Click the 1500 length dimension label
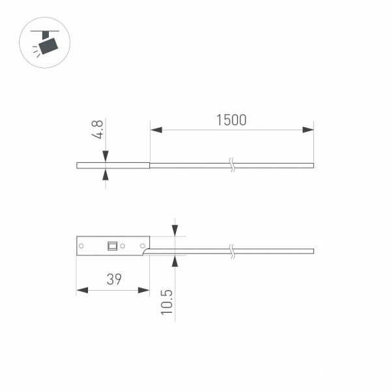point(231,120)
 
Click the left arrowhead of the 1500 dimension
point(156,130)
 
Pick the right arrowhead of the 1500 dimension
point(309,130)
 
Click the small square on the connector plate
point(113,246)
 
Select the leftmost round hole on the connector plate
point(82,246)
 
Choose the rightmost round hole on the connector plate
point(143,246)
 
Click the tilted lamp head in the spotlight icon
point(48,46)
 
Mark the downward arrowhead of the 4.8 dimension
point(105,156)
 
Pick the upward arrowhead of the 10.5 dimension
point(174,259)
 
